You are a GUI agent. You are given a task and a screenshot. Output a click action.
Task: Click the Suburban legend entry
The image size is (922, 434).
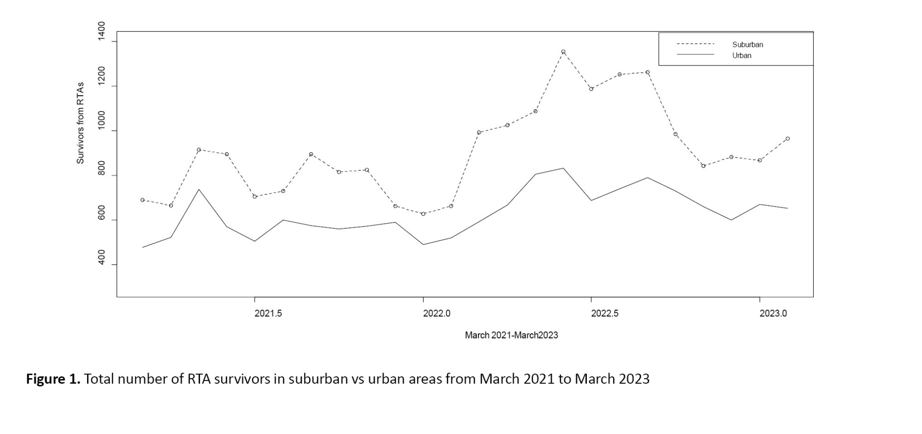pos(747,45)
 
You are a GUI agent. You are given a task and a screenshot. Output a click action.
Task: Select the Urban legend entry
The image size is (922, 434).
pos(742,55)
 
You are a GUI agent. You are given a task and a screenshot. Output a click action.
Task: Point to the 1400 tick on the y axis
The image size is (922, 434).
pos(101,31)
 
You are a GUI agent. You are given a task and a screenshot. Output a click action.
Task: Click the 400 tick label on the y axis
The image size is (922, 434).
pos(101,258)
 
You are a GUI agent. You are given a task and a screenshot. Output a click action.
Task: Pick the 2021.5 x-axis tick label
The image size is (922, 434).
pos(268,314)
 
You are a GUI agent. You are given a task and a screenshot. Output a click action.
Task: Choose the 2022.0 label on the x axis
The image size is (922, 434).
pos(437,314)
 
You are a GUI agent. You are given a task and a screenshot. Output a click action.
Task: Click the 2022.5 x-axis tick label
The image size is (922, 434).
pos(605,314)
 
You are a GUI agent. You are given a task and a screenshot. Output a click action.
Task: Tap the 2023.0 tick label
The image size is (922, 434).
pos(773,314)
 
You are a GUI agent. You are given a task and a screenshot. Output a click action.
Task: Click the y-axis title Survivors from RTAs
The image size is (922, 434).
pos(81,123)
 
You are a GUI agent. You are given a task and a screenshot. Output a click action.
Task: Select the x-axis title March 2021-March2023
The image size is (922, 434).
pos(511,335)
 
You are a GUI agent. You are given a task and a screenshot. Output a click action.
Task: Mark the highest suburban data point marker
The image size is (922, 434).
pos(563,52)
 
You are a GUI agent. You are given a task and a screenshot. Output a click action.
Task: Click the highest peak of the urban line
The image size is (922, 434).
pos(563,168)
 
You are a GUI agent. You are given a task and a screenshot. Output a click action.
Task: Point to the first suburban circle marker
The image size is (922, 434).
pos(142,200)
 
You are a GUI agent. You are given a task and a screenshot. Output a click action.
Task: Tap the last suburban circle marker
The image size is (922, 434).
pos(787,138)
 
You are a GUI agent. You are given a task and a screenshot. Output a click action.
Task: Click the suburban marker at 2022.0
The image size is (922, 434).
pos(423,214)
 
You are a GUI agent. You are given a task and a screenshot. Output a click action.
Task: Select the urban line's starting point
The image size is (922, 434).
pos(142,247)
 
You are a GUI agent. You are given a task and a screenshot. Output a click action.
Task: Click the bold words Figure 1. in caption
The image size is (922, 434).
pos(53,379)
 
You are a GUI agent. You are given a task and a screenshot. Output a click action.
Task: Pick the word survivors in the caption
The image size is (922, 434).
pos(242,379)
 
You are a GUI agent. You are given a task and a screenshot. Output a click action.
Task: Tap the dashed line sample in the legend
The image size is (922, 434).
pos(695,44)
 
